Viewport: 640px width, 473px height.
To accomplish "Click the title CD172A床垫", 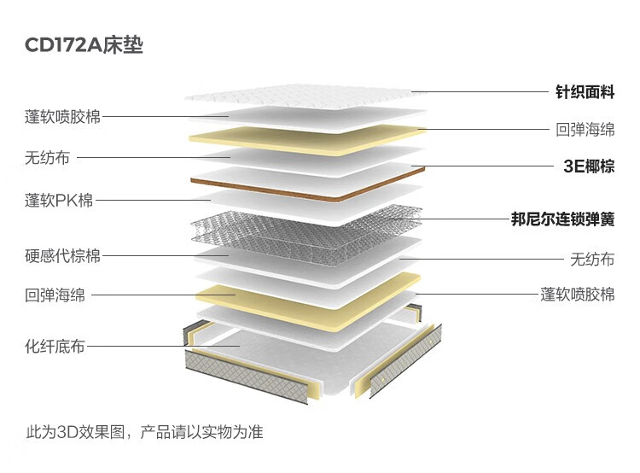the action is click(x=84, y=45).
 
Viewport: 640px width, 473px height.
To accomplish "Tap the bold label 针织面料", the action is click(x=585, y=92).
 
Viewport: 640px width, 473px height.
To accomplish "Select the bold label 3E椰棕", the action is click(x=589, y=166).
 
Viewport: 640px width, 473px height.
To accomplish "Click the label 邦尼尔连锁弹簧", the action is click(x=563, y=219).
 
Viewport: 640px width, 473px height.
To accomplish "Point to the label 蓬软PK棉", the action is click(x=59, y=200).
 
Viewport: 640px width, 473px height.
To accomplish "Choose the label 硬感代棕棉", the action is click(x=62, y=256).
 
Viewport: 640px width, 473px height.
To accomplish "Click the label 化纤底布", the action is click(x=55, y=347).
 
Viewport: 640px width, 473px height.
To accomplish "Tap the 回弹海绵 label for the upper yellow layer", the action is click(x=585, y=130).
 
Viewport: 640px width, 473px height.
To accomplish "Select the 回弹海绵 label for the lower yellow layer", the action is click(x=55, y=295).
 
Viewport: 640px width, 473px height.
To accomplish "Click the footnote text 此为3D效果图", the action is click(x=75, y=432).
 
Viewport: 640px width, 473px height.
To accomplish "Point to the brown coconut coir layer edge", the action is click(x=307, y=189).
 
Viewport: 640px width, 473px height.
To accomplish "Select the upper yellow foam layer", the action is click(x=307, y=141).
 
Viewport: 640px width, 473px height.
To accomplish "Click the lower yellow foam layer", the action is click(x=308, y=302).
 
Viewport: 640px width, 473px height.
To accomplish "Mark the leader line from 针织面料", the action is click(x=480, y=92).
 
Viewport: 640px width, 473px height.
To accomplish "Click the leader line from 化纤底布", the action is click(x=163, y=347).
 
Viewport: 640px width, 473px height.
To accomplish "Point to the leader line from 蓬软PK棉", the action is click(x=153, y=200).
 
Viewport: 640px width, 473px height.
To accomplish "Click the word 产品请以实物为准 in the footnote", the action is click(x=201, y=432).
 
